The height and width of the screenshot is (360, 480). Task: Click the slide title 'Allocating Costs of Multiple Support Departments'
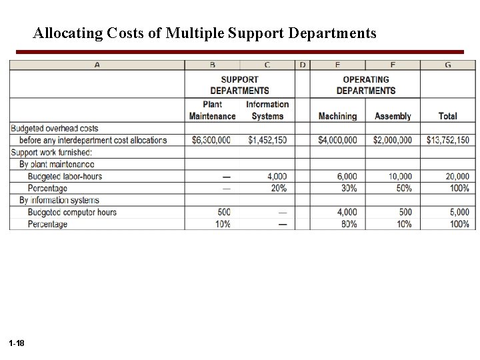point(205,32)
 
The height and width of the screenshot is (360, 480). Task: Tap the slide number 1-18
point(17,343)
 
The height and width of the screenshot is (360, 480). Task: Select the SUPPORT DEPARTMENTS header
point(239,85)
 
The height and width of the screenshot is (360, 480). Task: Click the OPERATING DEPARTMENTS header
point(365,85)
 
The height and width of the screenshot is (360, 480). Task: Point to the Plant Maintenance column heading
point(212,110)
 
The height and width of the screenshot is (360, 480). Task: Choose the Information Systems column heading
point(267,110)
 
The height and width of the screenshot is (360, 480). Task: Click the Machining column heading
point(337,116)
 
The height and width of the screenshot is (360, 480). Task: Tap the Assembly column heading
point(393,116)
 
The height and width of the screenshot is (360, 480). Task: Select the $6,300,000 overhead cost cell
point(211,140)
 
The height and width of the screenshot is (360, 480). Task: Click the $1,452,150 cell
point(268,140)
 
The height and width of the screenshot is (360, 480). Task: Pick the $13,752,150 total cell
point(447,140)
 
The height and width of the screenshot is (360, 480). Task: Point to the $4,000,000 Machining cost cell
point(337,140)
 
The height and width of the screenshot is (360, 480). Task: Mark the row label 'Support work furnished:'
point(51,152)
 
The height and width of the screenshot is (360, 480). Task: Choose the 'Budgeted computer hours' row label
point(72,212)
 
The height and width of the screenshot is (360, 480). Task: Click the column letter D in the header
point(303,65)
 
